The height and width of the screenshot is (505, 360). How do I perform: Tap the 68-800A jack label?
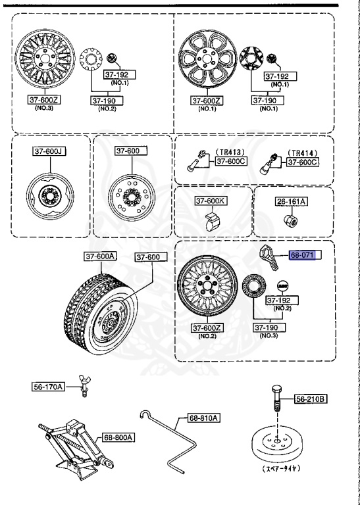coord(118,437)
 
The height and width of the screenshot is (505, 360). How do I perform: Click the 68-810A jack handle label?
coord(204,418)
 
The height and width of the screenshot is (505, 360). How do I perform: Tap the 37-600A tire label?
coord(99,256)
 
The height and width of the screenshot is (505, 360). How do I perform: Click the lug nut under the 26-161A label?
coord(290,219)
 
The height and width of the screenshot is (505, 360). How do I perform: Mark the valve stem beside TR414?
coord(270,162)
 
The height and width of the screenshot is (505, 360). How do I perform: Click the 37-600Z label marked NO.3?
coord(43,100)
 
